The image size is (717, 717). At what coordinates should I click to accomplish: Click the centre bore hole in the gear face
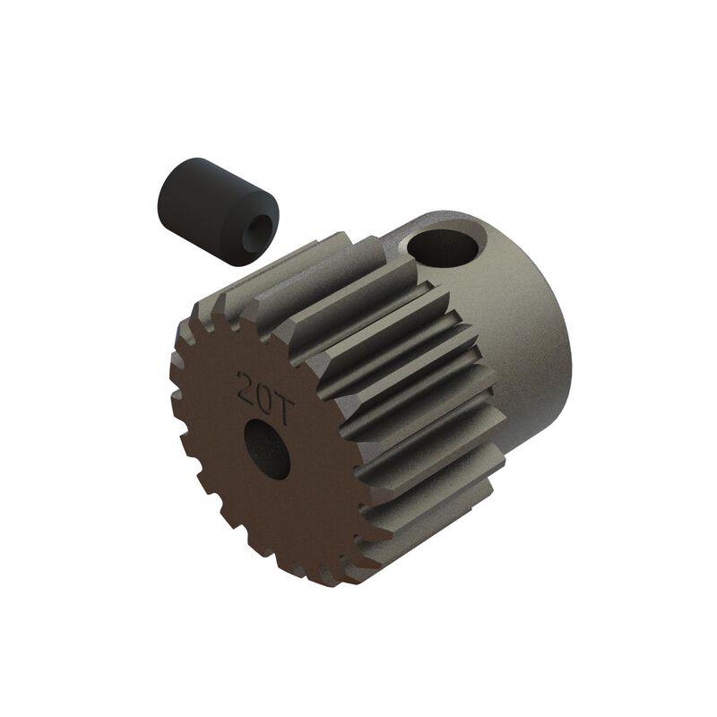click(x=270, y=445)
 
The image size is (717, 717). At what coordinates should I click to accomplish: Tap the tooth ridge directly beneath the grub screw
click(x=278, y=269)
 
